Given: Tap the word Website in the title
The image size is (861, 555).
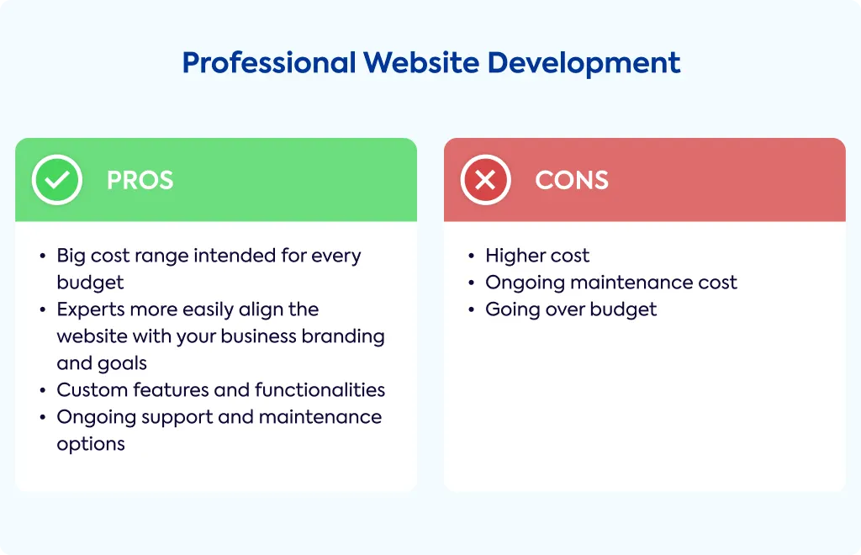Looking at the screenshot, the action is tap(422, 62).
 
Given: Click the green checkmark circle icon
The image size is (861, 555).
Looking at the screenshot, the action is tap(57, 180).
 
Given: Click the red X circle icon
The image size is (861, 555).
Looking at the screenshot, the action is tap(485, 180).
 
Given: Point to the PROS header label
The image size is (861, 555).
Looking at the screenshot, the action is tap(140, 180).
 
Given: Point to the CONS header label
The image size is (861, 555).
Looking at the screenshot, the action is tap(572, 180).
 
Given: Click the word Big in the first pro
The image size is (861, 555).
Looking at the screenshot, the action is tap(71, 256).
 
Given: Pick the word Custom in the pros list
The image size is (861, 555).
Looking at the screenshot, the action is tap(92, 390).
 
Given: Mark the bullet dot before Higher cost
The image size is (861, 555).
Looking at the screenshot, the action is tap(471, 256).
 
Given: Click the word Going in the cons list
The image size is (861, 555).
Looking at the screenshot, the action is tap(509, 310).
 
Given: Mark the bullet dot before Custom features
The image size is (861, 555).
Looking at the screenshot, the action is tap(43, 390).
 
